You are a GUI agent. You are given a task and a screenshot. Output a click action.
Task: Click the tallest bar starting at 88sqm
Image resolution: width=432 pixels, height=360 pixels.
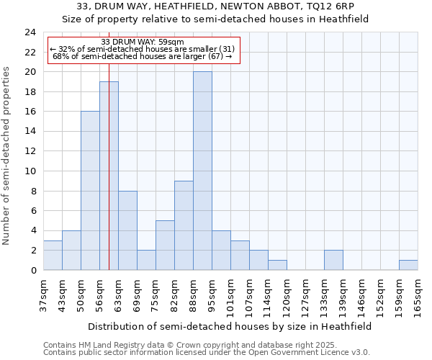tap(202, 171)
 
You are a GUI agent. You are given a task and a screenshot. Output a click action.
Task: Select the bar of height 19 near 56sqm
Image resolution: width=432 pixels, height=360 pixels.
tap(109, 176)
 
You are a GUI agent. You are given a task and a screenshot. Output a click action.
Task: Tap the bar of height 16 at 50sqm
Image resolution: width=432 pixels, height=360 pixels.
tap(90, 191)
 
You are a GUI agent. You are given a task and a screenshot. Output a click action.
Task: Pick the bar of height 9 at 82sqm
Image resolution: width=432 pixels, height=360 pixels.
tap(184, 225)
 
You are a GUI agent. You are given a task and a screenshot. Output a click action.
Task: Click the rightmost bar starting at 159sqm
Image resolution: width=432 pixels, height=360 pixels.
tap(408, 265)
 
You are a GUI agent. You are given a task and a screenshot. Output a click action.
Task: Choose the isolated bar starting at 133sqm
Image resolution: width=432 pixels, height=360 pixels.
tap(333, 260)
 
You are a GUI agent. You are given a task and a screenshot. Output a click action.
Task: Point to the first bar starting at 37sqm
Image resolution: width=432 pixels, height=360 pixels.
tap(53, 255)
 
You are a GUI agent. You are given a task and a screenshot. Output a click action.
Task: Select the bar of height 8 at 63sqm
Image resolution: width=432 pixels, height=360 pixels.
tap(127, 230)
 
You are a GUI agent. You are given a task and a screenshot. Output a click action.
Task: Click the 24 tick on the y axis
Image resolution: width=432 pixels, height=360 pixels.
tap(30, 32)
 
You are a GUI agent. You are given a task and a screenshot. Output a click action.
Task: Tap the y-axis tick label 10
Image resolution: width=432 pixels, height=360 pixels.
tap(30, 171)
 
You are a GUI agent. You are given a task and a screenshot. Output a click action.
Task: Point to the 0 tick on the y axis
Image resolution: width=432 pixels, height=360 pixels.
tap(33, 270)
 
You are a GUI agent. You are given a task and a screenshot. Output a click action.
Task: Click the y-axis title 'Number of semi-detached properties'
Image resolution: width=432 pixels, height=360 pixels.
tap(7, 156)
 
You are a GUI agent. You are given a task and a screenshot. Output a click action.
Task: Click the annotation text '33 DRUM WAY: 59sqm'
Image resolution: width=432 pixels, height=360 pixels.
tap(143, 42)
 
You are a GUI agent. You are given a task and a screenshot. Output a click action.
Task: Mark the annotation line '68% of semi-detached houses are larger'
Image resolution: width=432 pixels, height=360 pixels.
tap(143, 56)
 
